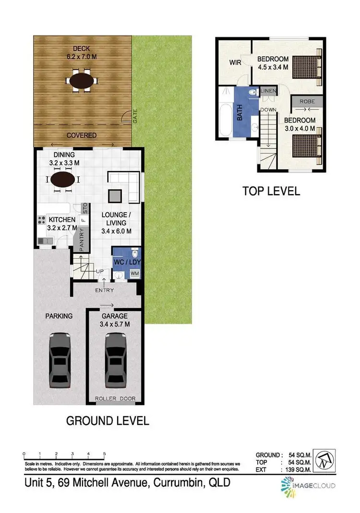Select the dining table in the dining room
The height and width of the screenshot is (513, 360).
63,180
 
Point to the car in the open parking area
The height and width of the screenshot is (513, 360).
60,356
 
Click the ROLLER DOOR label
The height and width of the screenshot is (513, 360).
115,399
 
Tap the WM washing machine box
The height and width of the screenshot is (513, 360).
134,274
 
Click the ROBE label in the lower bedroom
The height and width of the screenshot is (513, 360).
307,102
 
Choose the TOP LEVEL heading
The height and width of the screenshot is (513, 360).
271,191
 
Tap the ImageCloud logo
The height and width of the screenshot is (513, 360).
307,485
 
